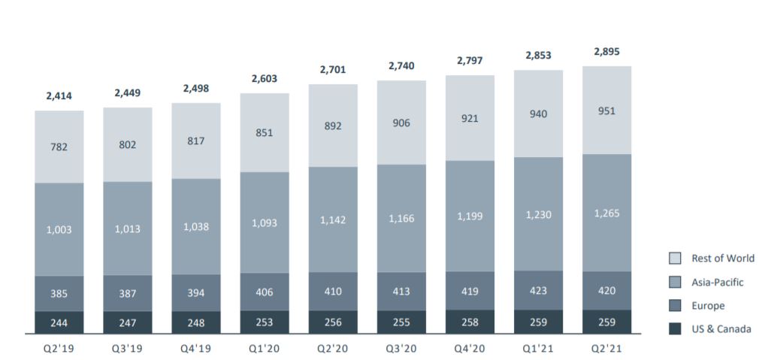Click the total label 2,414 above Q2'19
pyautogui.click(x=59, y=96)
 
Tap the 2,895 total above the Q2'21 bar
pyautogui.click(x=606, y=52)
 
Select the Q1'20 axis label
pyautogui.click(x=265, y=348)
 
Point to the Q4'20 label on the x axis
pyautogui.click(x=470, y=348)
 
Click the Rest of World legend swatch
pyautogui.click(x=676, y=259)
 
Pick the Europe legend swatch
pyautogui.click(x=676, y=306)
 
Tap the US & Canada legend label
pyautogui.click(x=721, y=329)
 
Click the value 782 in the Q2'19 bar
pyautogui.click(x=59, y=147)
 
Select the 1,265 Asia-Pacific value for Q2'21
pyautogui.click(x=606, y=213)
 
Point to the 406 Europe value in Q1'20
pyautogui.click(x=265, y=292)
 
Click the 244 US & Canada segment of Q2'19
pyautogui.click(x=59, y=323)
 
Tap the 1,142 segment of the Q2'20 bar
pyautogui.click(x=333, y=220)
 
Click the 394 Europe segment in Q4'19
pyautogui.click(x=196, y=293)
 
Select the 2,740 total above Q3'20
pyautogui.click(x=401, y=66)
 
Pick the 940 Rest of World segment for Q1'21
pyautogui.click(x=538, y=114)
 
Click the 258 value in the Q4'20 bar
pyautogui.click(x=470, y=322)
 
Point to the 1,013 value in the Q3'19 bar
pyautogui.click(x=127, y=229)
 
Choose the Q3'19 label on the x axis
pyautogui.click(x=127, y=348)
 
